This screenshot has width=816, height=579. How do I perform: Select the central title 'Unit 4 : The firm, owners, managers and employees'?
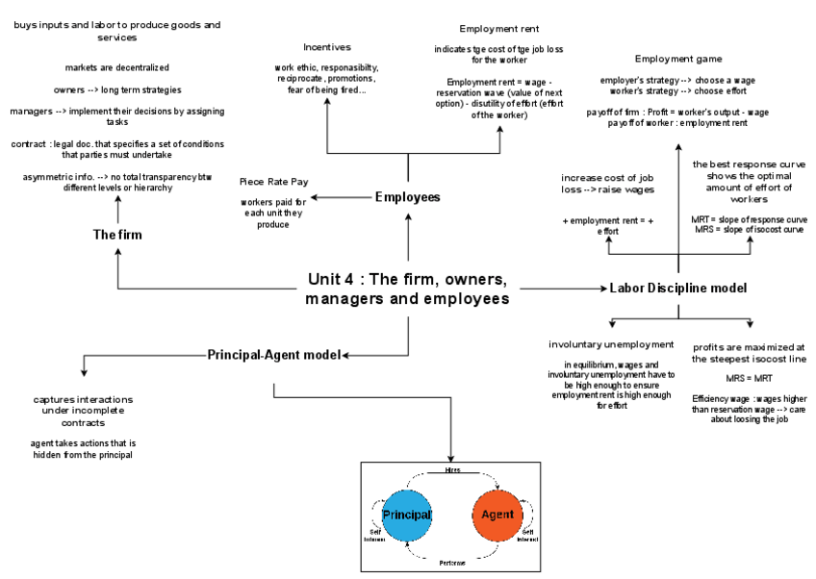click(x=407, y=289)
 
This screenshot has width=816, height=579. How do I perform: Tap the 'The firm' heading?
click(x=118, y=234)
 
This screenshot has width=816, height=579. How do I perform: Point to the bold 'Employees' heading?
click(x=407, y=197)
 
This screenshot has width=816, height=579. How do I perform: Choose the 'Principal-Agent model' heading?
click(x=274, y=355)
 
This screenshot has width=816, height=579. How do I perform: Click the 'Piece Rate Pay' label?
click(x=274, y=181)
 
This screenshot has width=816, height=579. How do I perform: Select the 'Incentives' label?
click(x=327, y=46)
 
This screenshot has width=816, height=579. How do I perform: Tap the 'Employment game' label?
click(x=678, y=59)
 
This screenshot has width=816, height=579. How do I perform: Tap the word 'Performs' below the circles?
click(x=452, y=561)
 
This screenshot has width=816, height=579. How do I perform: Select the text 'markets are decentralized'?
click(x=117, y=67)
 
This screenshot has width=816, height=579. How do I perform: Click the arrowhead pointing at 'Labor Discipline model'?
click(x=603, y=288)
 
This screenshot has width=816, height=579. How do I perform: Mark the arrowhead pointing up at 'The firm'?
click(x=118, y=252)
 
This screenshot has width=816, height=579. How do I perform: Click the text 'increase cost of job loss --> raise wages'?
click(x=606, y=185)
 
